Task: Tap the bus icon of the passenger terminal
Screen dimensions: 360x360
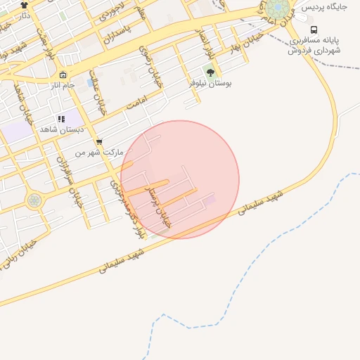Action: pyautogui.click(x=314, y=30)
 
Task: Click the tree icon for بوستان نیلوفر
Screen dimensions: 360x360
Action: pyautogui.click(x=210, y=72)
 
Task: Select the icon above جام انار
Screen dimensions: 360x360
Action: pyautogui.click(x=63, y=75)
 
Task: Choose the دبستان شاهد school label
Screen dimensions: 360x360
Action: pyautogui.click(x=62, y=129)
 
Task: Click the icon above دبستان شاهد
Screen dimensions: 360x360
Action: pyautogui.click(x=62, y=119)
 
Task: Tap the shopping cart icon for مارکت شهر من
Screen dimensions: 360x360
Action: pyautogui.click(x=98, y=141)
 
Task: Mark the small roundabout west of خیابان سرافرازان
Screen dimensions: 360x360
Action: pyautogui.click(x=34, y=200)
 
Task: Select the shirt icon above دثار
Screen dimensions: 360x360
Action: pyautogui.click(x=24, y=5)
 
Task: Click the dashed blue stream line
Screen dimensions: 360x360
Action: pyautogui.click(x=281, y=239)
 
